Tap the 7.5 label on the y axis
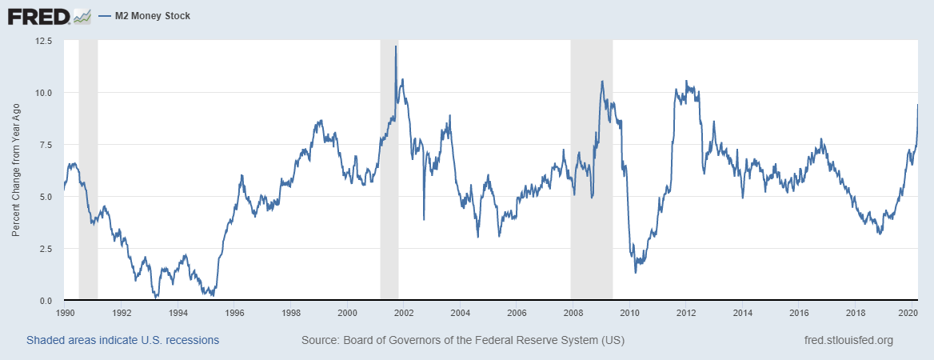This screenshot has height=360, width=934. coord(45,145)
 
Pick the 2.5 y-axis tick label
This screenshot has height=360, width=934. coord(45,249)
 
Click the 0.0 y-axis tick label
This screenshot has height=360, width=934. coord(45,301)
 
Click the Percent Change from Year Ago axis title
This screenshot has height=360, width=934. coord(16,170)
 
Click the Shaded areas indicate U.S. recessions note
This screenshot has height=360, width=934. coord(122,340)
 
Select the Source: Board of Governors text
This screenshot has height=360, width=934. coord(463,340)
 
